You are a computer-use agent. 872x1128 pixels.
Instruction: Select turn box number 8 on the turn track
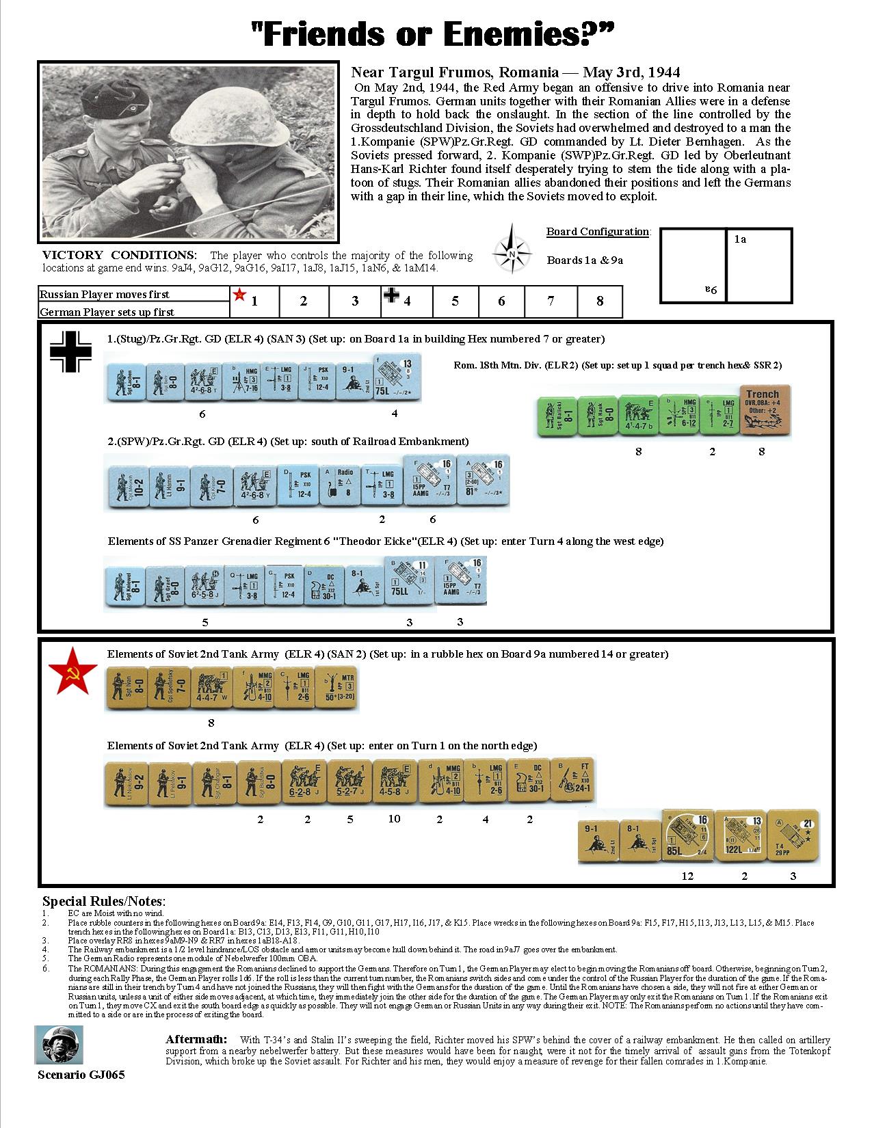click(x=600, y=301)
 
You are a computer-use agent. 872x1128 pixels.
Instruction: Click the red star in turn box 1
click(x=239, y=295)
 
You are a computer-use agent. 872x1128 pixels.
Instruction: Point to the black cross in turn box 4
click(x=391, y=295)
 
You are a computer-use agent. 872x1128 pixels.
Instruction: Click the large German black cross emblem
click(x=70, y=352)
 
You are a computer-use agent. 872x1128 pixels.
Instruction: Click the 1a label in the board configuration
click(x=740, y=239)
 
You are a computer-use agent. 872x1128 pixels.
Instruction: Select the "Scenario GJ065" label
click(x=81, y=1074)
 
